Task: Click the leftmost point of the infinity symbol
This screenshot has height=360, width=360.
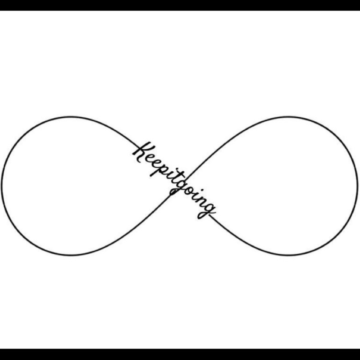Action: (x=2, y=186)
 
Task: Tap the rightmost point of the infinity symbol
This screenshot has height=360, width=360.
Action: (x=357, y=186)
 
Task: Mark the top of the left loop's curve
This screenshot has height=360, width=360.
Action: (x=70, y=117)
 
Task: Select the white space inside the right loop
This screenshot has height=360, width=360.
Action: (x=287, y=186)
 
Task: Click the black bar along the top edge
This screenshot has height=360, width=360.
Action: (x=180, y=5)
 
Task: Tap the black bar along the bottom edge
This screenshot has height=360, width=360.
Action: (x=180, y=355)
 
